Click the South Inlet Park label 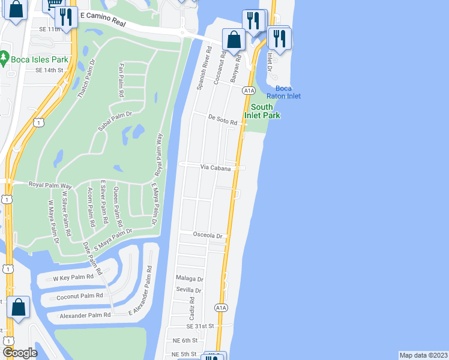[x=262, y=111]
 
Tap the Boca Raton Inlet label [x=284, y=92]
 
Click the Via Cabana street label [x=216, y=169]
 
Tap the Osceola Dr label [x=208, y=235]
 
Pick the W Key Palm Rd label [x=74, y=277]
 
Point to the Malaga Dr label [x=190, y=279]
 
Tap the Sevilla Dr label [x=189, y=290]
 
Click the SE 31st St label [x=200, y=326]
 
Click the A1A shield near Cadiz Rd [x=221, y=308]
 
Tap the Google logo [x=20, y=353]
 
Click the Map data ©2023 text [x=424, y=355]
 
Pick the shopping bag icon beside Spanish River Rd [x=234, y=40]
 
